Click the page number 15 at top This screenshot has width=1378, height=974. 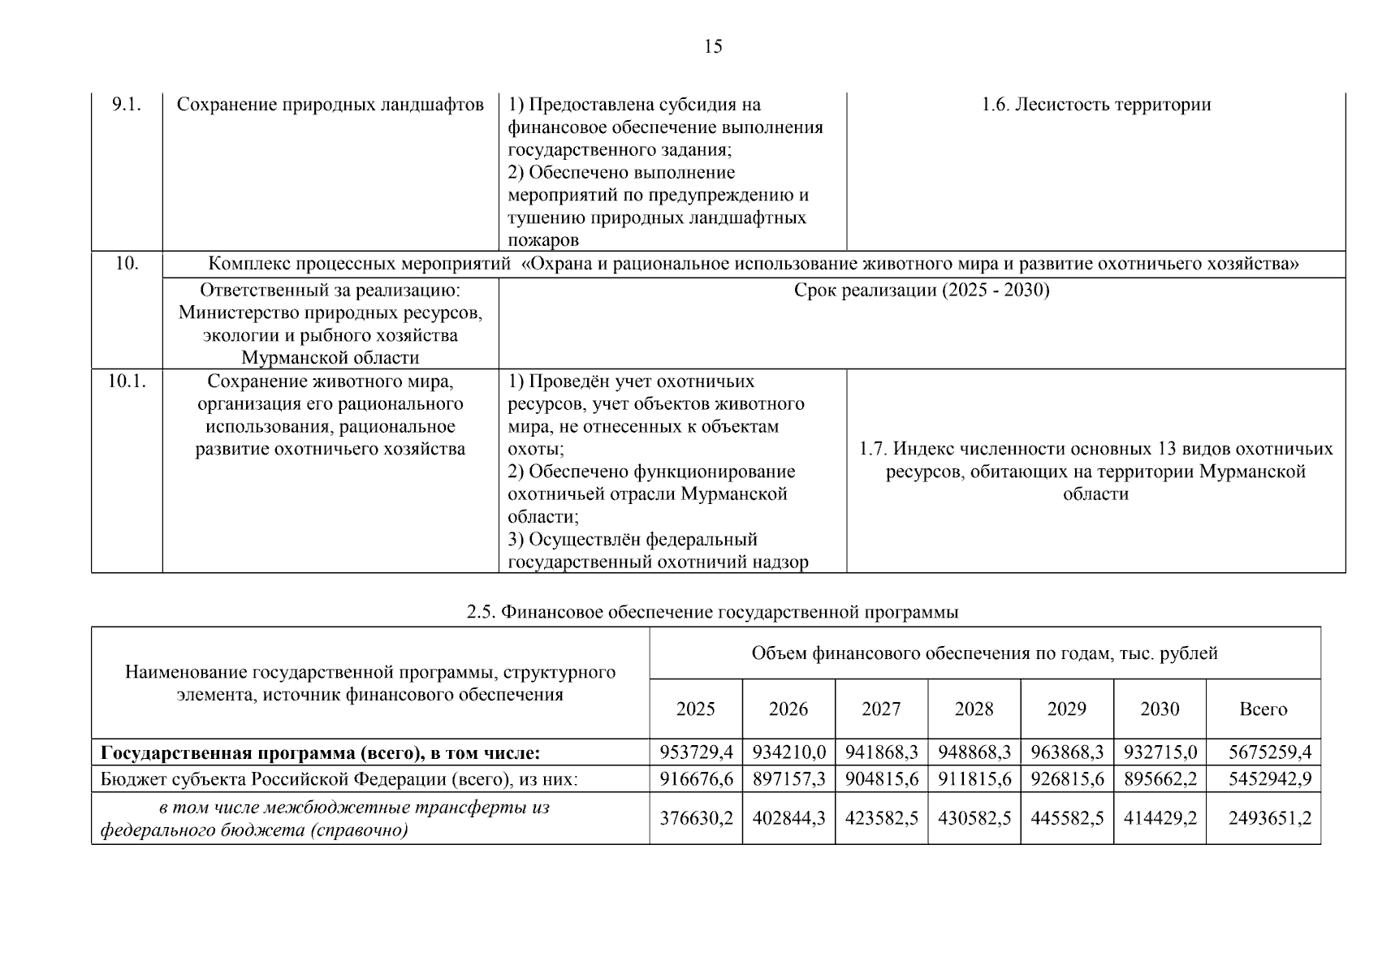pyautogui.click(x=712, y=46)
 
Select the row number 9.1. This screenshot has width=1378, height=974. pyautogui.click(x=127, y=105)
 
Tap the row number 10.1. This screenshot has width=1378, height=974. pyautogui.click(x=127, y=381)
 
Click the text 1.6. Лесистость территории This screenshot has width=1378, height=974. pyautogui.click(x=1095, y=105)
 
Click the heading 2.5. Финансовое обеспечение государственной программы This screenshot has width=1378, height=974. pyautogui.click(x=712, y=612)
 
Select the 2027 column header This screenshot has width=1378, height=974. pyautogui.click(x=881, y=709)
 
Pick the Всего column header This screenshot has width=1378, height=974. pyautogui.click(x=1263, y=709)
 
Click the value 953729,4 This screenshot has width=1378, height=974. pyautogui.click(x=696, y=752)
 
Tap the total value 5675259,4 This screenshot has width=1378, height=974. pyautogui.click(x=1269, y=752)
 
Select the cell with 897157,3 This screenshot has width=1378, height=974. pyautogui.click(x=788, y=779)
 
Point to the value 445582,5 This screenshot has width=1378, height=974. pyautogui.click(x=1067, y=818)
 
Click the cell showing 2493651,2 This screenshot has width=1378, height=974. pyautogui.click(x=1269, y=818)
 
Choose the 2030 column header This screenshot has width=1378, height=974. pyautogui.click(x=1160, y=709)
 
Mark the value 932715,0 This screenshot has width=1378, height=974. pyautogui.click(x=1160, y=752)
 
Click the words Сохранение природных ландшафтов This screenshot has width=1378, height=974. pyautogui.click(x=330, y=105)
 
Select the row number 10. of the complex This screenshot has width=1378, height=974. pyautogui.click(x=127, y=264)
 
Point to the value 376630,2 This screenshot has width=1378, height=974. pyautogui.click(x=696, y=818)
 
